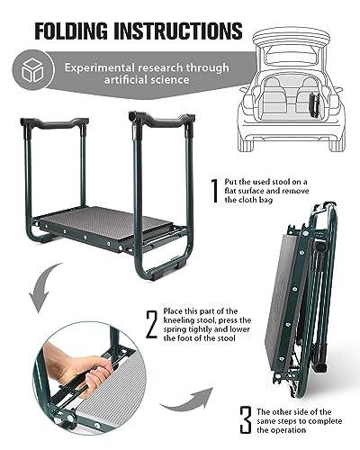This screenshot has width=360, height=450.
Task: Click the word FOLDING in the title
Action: (71, 31)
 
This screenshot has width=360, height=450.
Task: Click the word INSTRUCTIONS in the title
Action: (178, 31)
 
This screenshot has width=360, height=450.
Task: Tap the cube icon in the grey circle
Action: (32, 70)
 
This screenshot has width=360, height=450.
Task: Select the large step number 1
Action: (214, 191)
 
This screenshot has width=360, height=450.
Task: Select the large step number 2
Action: (152, 325)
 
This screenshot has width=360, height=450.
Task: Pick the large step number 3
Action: (246, 419)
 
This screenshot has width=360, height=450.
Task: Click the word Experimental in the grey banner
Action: (99, 67)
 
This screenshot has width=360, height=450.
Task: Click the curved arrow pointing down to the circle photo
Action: (43, 288)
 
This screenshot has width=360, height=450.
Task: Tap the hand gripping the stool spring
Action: (78, 367)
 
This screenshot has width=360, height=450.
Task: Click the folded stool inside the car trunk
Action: (314, 105)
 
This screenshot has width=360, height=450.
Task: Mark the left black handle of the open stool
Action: (55, 123)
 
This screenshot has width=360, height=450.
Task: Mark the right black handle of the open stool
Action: (161, 119)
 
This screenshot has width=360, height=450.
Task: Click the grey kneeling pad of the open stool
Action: (105, 222)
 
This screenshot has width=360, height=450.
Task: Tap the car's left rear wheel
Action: (246, 143)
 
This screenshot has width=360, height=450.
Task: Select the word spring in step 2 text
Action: (174, 329)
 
